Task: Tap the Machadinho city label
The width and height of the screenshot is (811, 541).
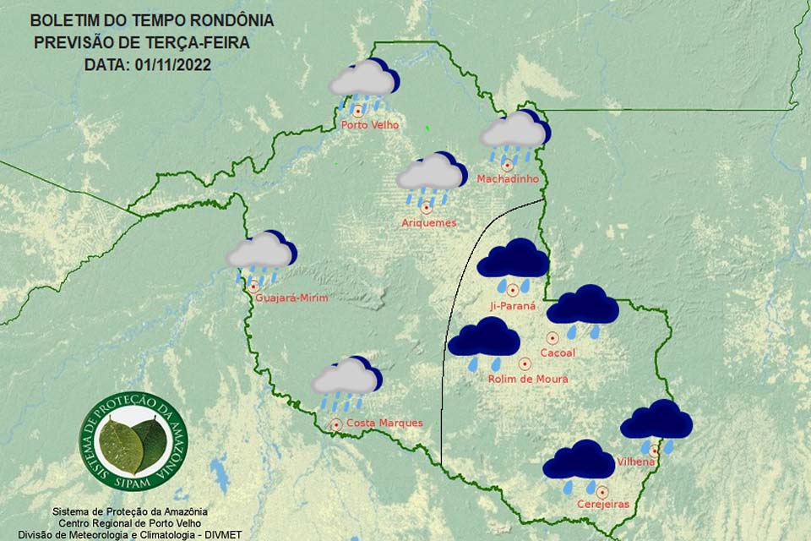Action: pos(508,179)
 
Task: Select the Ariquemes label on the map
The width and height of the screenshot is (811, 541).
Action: pos(429,223)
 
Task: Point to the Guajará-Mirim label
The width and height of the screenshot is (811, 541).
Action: pos(291,298)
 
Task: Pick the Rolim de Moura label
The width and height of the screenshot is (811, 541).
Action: pos(528,380)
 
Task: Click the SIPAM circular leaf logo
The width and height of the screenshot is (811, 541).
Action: pos(133,442)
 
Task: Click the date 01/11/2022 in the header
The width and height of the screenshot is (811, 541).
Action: pos(172,64)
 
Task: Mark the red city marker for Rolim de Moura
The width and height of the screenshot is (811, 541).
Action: pos(525,364)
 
